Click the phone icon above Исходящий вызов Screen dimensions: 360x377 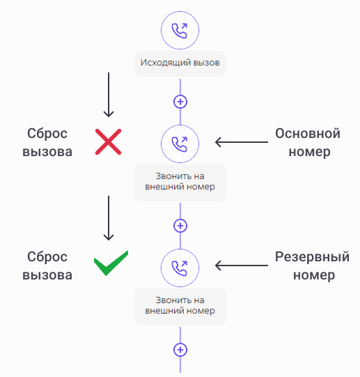click(x=180, y=30)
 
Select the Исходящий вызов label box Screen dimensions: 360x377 click(x=180, y=63)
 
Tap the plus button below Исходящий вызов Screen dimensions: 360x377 click(x=180, y=102)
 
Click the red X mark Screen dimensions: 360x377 click(x=108, y=142)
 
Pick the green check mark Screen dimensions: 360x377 click(x=111, y=263)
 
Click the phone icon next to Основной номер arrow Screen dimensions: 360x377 click(x=180, y=144)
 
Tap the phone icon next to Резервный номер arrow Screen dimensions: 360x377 click(x=180, y=268)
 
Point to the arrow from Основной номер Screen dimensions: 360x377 click(x=242, y=142)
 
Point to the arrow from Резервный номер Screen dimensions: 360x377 click(x=242, y=266)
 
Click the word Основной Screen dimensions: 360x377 click(x=308, y=133)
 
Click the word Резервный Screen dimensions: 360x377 click(x=312, y=256)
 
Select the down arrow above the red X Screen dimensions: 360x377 click(x=109, y=95)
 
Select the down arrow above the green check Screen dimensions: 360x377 click(x=109, y=218)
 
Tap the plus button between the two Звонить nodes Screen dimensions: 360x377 click(x=180, y=226)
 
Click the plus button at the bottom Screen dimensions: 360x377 click(x=180, y=350)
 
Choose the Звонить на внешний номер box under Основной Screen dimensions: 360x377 click(x=180, y=183)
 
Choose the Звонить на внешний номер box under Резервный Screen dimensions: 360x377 click(x=180, y=307)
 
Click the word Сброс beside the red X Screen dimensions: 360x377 click(x=47, y=134)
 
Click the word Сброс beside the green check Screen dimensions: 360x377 click(x=47, y=257)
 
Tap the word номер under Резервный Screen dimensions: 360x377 click(x=314, y=275)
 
